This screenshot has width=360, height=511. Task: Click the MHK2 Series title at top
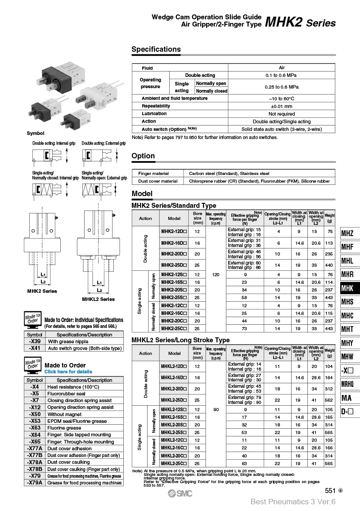pyautogui.click(x=300, y=22)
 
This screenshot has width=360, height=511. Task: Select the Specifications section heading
pyautogui.click(x=156, y=49)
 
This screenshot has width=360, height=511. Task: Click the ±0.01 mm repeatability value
pyautogui.click(x=281, y=106)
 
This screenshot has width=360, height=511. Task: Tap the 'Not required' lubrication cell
pyautogui.click(x=281, y=114)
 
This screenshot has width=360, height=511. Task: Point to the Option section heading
pyautogui.click(x=143, y=156)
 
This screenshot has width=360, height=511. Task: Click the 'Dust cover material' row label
pyautogui.click(x=157, y=181)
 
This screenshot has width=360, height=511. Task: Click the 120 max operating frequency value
pyautogui.click(x=216, y=274)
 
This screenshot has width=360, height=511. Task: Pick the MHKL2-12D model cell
pyautogui.click(x=174, y=366)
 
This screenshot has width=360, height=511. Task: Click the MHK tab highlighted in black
pyautogui.click(x=347, y=288)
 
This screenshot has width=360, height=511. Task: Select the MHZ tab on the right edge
pyautogui.click(x=347, y=233)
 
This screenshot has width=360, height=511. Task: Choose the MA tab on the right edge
pyautogui.click(x=347, y=398)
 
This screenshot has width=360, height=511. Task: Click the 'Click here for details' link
pyautogui.click(x=68, y=372)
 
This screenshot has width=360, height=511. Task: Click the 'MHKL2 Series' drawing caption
pyautogui.click(x=98, y=299)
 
